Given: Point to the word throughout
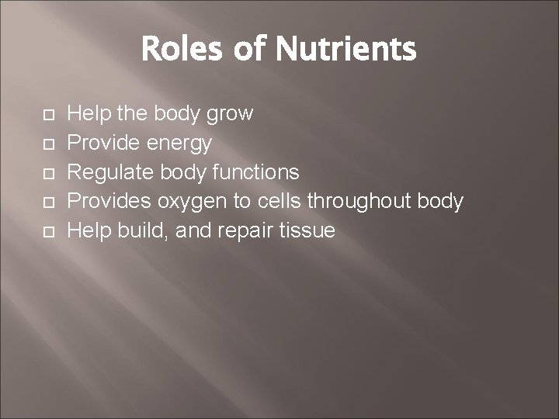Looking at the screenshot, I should [359, 202].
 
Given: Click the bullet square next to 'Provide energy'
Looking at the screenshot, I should [48, 144].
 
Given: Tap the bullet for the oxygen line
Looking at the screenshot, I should [48, 203].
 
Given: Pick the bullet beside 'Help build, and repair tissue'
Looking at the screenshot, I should [48, 232].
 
